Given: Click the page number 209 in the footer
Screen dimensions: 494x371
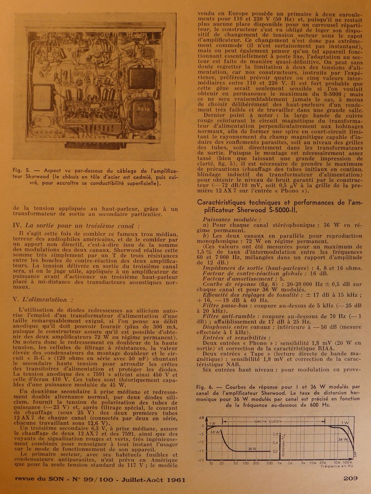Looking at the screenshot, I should [350, 479].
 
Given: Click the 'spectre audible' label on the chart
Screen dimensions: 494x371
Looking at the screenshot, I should [267, 421].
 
